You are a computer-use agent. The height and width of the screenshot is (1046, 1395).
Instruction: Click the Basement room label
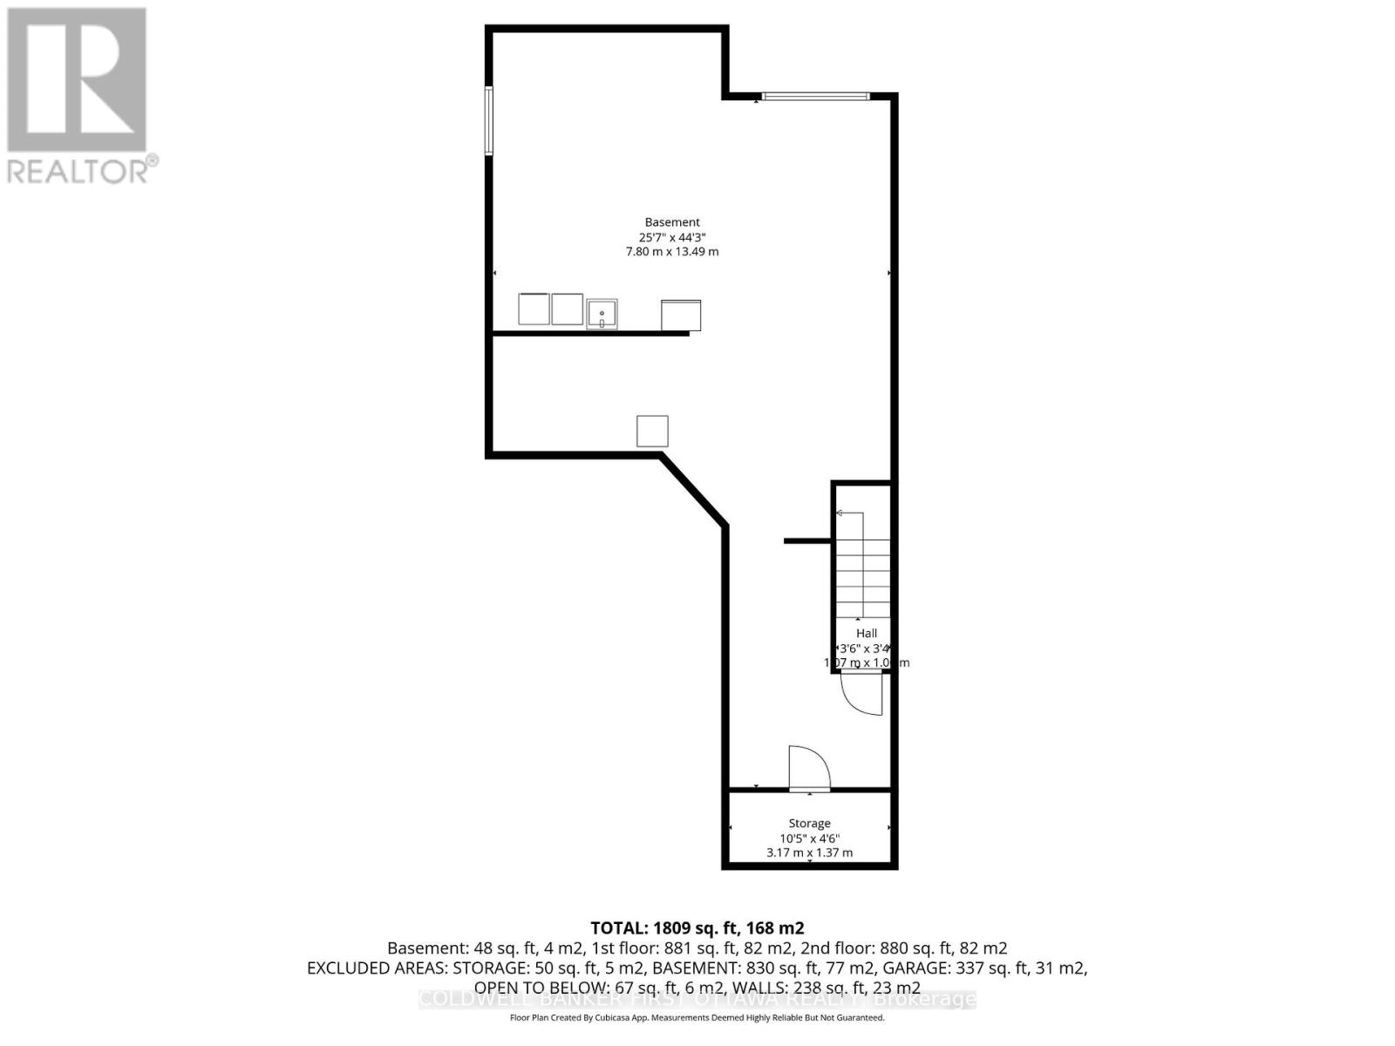[672, 222]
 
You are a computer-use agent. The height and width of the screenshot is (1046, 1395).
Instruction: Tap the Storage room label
[809, 823]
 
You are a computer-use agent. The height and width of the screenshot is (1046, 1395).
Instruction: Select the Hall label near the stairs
[867, 634]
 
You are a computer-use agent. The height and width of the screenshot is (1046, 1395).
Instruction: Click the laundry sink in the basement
[602, 313]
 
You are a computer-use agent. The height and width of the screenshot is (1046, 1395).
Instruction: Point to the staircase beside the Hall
[863, 567]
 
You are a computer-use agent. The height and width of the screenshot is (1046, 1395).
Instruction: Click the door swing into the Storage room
[808, 768]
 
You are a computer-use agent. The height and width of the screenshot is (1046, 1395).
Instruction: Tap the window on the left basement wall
[489, 121]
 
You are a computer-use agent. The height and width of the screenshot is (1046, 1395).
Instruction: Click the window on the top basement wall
[815, 96]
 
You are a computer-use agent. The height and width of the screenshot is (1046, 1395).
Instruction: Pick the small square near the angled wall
[652, 431]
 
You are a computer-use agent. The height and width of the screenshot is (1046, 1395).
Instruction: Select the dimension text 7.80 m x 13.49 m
[672, 252]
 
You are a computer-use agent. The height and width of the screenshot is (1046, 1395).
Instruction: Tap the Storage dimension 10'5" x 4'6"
[809, 839]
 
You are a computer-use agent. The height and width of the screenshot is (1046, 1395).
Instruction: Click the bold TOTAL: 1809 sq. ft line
[697, 928]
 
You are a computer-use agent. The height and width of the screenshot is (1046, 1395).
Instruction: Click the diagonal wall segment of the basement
[694, 489]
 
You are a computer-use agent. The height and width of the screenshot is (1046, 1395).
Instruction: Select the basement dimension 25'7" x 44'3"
[672, 237]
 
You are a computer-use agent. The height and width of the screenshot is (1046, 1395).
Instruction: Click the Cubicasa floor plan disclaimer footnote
[697, 1018]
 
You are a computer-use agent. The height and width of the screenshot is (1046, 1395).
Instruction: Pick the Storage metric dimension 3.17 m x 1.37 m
[809, 852]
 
